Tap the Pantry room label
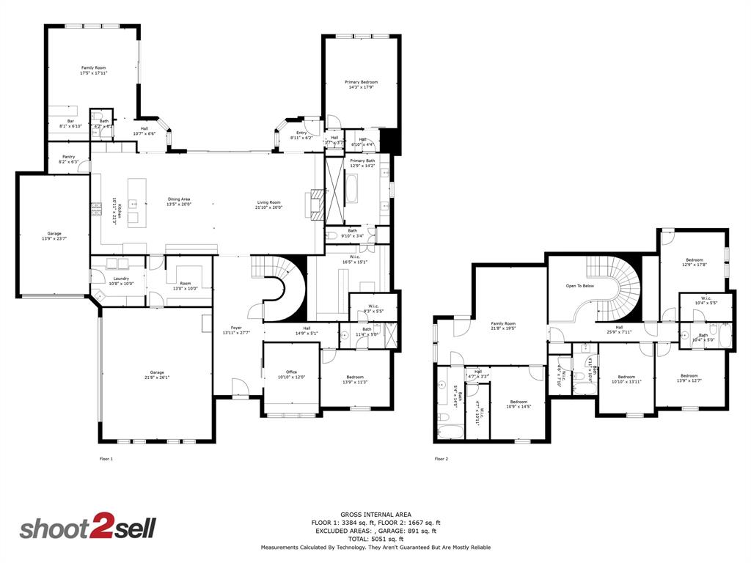(68, 158)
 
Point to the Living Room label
(268, 205)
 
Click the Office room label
(291, 375)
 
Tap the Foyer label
(236, 330)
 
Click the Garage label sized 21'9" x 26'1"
(157, 375)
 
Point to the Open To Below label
(579, 286)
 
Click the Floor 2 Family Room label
(503, 326)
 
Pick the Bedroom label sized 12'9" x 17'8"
(695, 262)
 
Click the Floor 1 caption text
(106, 459)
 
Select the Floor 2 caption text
(441, 459)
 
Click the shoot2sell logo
(87, 529)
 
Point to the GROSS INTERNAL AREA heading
(375, 514)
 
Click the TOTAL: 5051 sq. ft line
(375, 539)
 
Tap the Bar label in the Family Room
(71, 123)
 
